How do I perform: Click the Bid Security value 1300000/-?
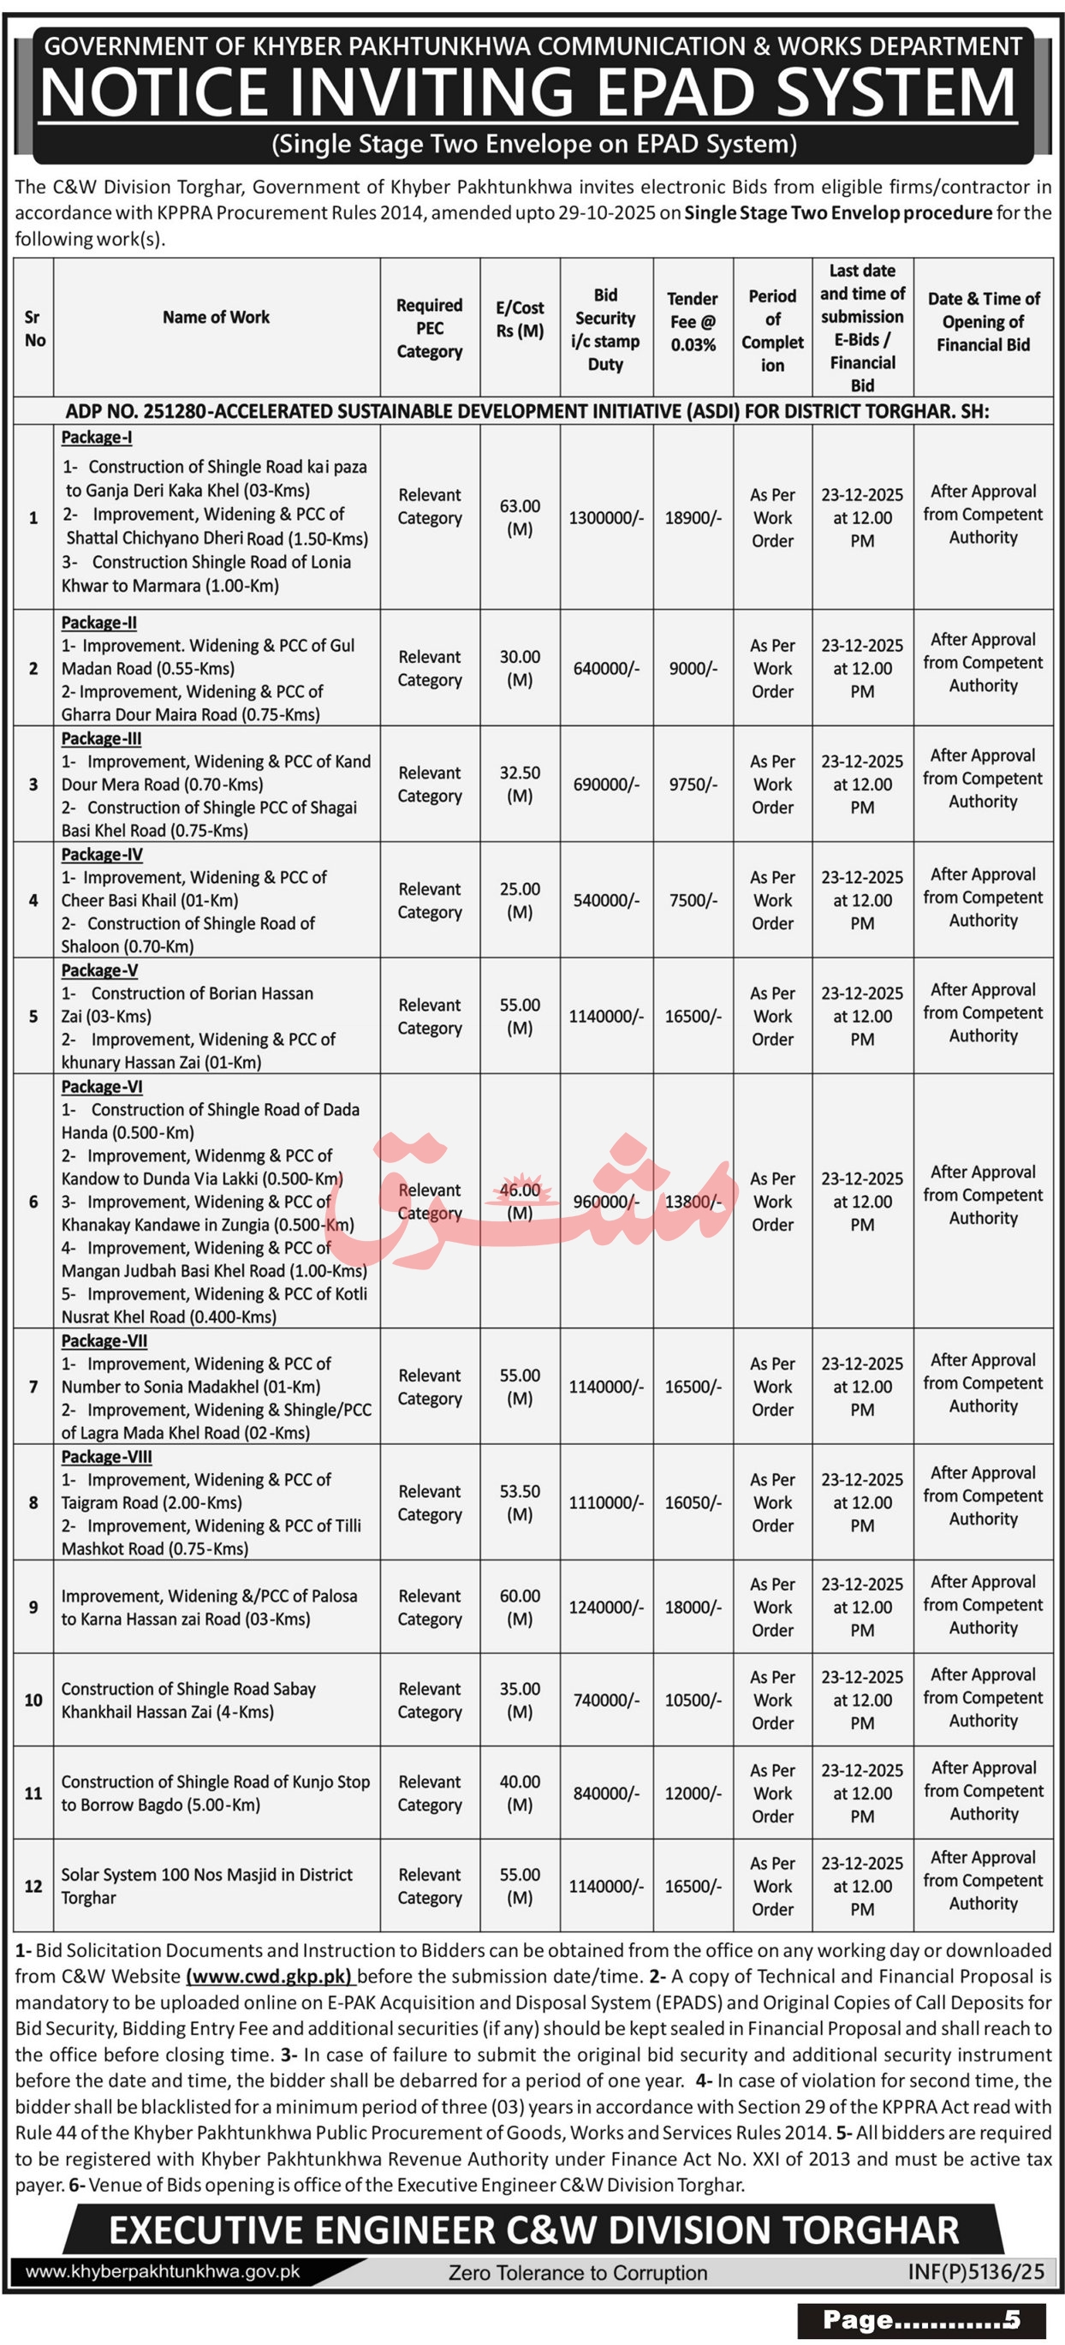[x=606, y=518]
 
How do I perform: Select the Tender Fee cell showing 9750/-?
[x=693, y=784]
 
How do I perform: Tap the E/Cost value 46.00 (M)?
[x=520, y=1201]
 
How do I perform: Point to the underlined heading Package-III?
[x=101, y=738]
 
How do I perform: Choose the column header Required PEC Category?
[x=430, y=328]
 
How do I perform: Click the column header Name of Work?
[x=216, y=317]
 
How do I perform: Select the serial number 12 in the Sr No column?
[x=33, y=1886]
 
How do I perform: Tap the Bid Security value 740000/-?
[x=606, y=1699]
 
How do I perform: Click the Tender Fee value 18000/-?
[x=693, y=1607]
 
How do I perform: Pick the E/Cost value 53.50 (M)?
[x=520, y=1502]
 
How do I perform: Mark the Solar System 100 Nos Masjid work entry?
[x=206, y=1886]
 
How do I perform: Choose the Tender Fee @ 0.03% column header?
[x=693, y=321]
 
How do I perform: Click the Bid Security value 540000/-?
[x=606, y=900]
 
